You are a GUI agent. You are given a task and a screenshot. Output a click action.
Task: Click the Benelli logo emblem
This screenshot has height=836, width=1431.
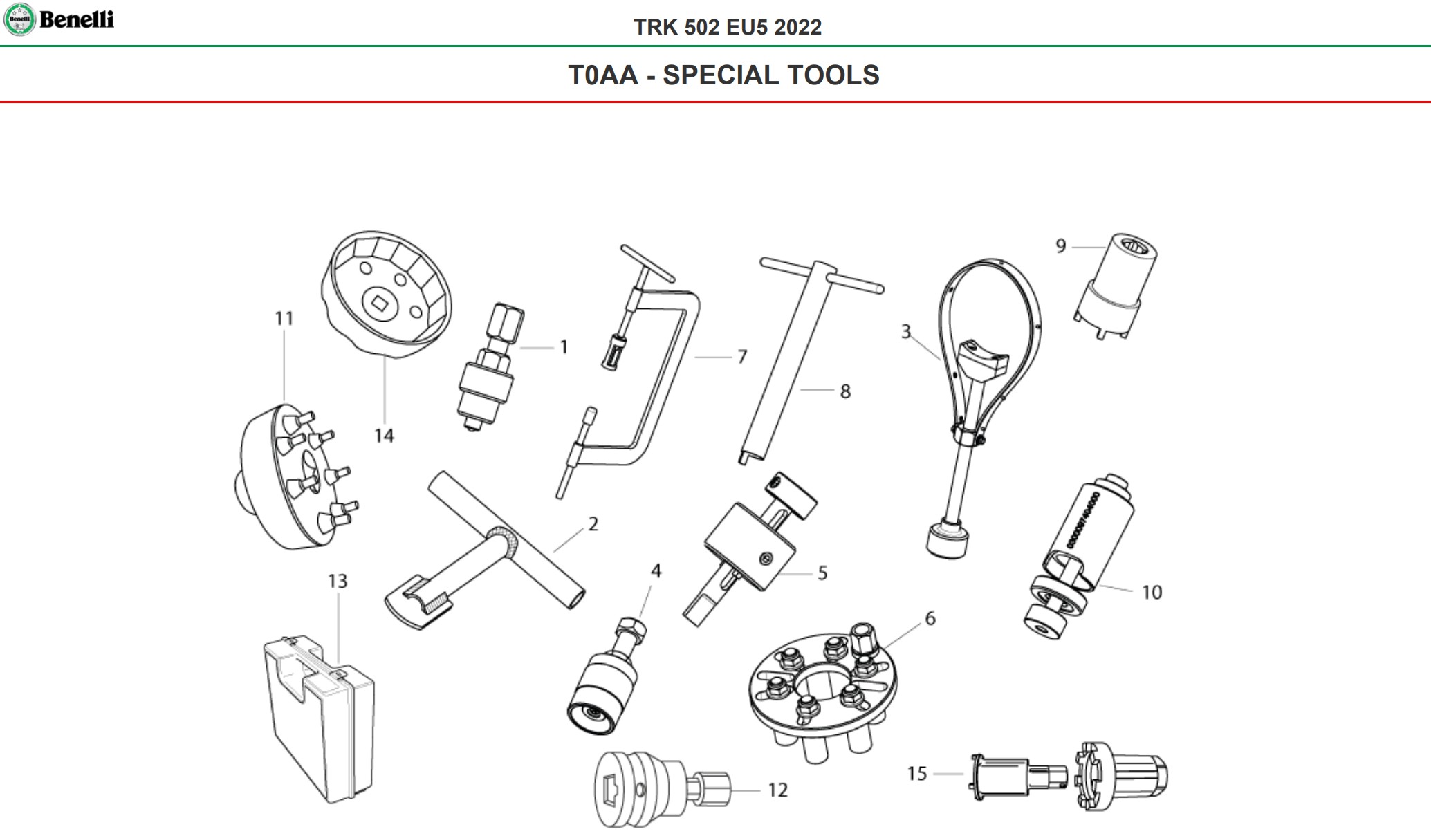[x=19, y=19]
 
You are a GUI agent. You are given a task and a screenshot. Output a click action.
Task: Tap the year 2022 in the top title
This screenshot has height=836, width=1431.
[x=797, y=27]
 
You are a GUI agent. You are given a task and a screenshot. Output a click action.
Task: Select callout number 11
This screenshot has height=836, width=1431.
[x=284, y=318]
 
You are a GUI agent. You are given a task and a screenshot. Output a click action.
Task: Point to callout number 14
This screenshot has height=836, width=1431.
[x=384, y=436]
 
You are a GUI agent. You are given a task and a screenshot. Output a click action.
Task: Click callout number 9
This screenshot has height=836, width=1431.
[x=1061, y=246]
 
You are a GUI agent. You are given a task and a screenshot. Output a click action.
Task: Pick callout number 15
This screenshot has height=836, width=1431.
[x=917, y=773]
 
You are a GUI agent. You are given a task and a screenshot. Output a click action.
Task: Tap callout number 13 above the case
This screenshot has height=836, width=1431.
[x=338, y=581]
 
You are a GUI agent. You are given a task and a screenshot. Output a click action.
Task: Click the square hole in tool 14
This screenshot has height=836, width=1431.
[x=378, y=301]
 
